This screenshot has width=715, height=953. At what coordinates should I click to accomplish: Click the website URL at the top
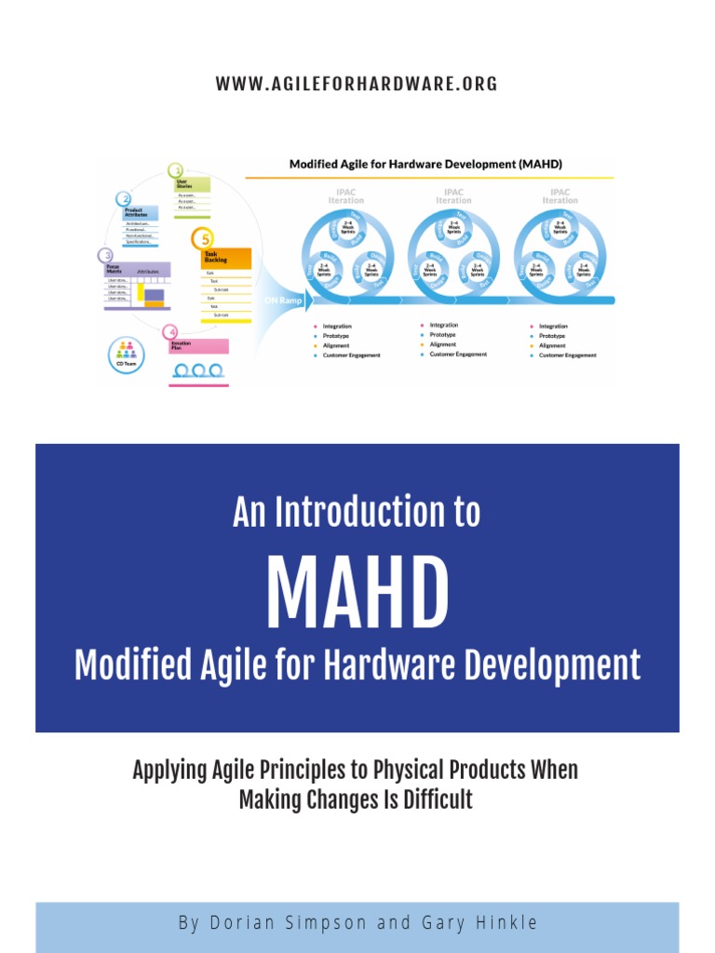(x=357, y=84)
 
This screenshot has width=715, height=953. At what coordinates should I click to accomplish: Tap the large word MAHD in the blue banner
(x=357, y=594)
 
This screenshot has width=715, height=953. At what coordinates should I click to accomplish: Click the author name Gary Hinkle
(x=479, y=923)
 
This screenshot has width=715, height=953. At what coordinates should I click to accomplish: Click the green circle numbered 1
(x=175, y=170)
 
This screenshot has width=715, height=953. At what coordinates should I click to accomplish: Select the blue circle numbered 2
(x=123, y=198)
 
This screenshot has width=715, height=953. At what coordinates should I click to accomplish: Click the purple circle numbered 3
(x=107, y=255)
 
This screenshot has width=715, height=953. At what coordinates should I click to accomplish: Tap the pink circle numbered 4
(x=169, y=331)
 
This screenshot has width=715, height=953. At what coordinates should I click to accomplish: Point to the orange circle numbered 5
(x=201, y=238)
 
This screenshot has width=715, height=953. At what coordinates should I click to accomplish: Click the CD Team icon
(x=125, y=353)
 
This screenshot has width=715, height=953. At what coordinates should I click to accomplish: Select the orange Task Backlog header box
(x=226, y=258)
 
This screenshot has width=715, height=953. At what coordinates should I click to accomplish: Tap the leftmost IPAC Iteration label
(x=346, y=195)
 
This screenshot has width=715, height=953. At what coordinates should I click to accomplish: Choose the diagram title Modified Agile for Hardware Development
(x=425, y=164)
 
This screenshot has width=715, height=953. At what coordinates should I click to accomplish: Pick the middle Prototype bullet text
(x=442, y=335)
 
